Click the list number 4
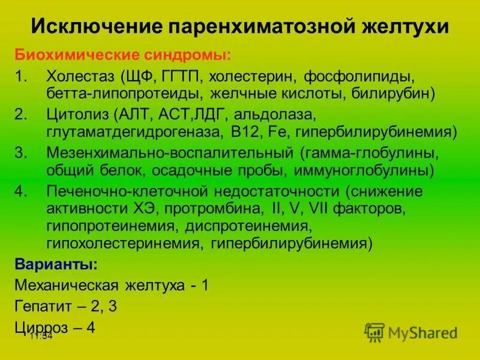point(22,191)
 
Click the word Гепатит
point(43,306)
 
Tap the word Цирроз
point(41,327)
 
